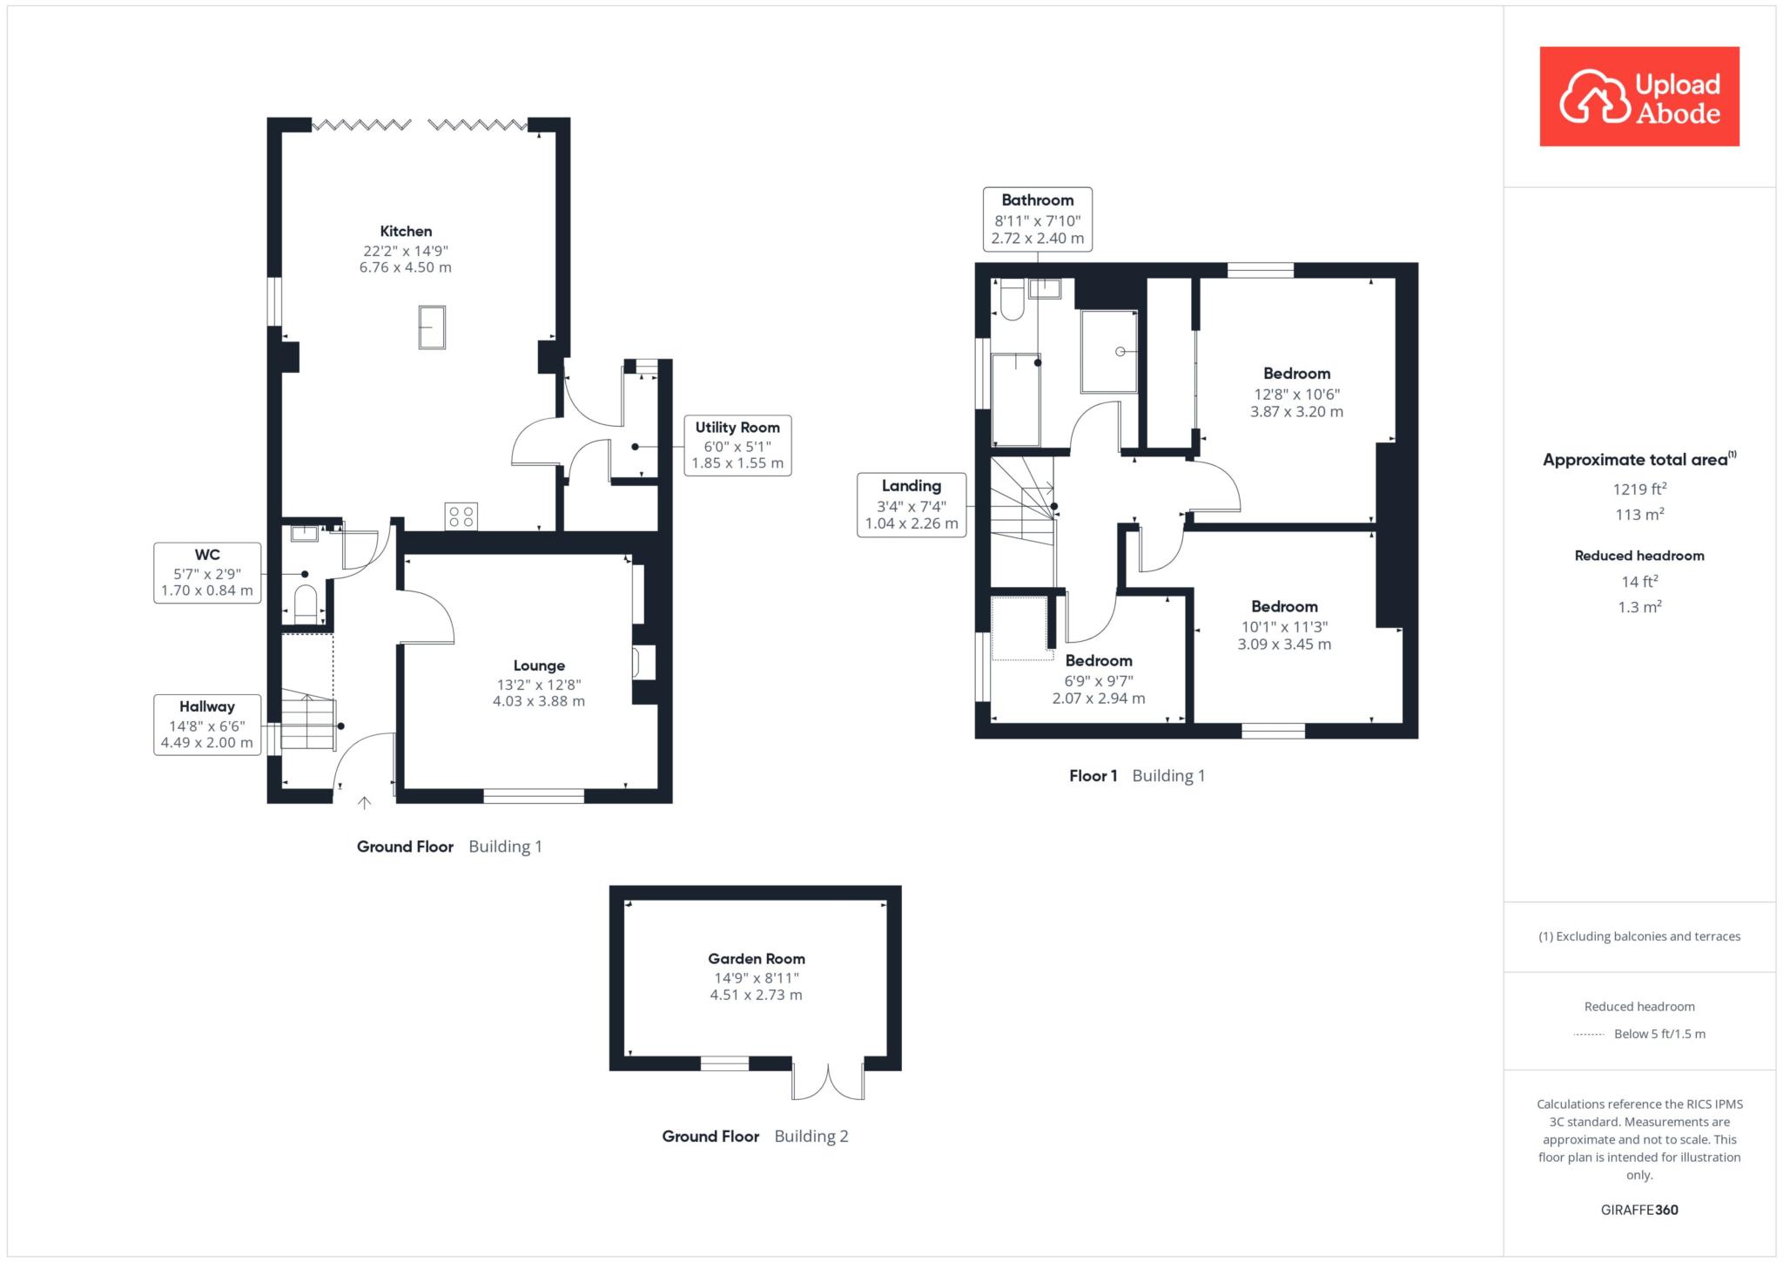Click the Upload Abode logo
pyautogui.click(x=1639, y=97)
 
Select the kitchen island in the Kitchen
pyautogui.click(x=432, y=327)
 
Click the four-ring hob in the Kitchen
pyautogui.click(x=461, y=516)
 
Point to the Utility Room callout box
pyautogui.click(x=737, y=445)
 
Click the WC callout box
pyautogui.click(x=207, y=572)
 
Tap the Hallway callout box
pyautogui.click(x=207, y=725)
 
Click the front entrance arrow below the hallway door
pyautogui.click(x=365, y=803)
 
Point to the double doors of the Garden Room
pyautogui.click(x=828, y=1080)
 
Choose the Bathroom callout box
pyautogui.click(x=1038, y=219)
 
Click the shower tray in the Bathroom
pyautogui.click(x=1109, y=352)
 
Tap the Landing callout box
pyautogui.click(x=912, y=505)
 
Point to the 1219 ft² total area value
pyautogui.click(x=1639, y=489)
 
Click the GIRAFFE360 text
pyautogui.click(x=1639, y=1210)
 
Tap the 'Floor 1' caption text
pyautogui.click(x=1093, y=776)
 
